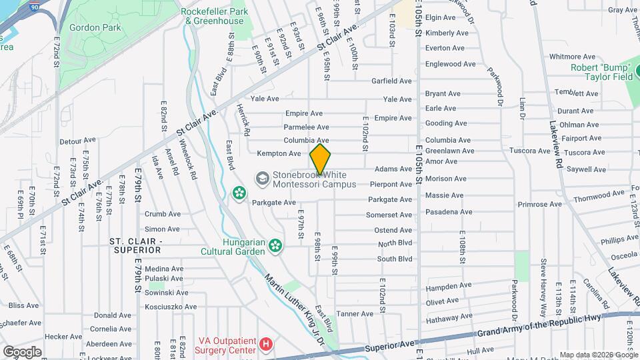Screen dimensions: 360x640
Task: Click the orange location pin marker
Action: click(x=321, y=159)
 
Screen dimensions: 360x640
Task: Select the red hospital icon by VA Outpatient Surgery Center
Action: click(x=266, y=344)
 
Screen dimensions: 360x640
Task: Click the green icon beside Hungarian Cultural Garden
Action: click(x=274, y=247)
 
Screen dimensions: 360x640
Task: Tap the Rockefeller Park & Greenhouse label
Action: click(x=214, y=16)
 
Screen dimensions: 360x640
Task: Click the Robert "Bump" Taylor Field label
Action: click(x=601, y=72)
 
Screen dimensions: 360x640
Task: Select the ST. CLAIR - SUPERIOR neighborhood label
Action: click(x=135, y=245)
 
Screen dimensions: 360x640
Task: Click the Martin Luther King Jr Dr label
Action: click(x=293, y=306)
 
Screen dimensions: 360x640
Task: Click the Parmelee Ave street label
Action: click(x=306, y=127)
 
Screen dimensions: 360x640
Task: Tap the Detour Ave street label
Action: click(x=78, y=141)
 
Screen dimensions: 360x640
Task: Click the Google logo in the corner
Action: click(x=21, y=351)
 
